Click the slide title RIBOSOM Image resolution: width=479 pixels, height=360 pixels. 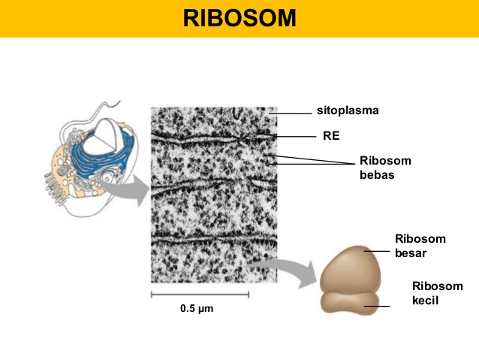pos(239,17)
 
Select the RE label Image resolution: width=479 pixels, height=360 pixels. pos(331,136)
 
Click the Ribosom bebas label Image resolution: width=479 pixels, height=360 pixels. pos(385,168)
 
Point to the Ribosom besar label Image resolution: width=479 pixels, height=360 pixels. pos(420,246)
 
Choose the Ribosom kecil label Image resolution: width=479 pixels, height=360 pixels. pos(438,293)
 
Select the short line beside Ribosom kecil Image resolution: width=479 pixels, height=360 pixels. pos(382,306)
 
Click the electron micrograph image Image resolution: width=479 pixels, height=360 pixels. pos(213,195)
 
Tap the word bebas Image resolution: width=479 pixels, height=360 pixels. pos(376,174)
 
